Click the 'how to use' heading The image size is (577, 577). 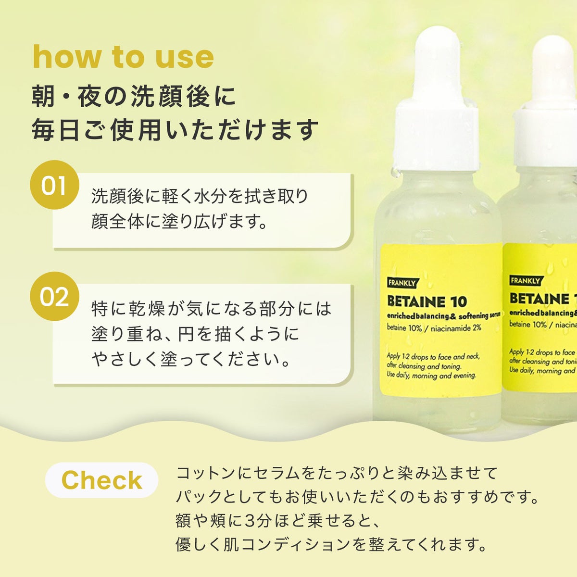point(124,58)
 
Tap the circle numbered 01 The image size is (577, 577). point(54,185)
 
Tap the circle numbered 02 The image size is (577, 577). point(54,296)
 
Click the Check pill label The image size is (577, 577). point(101,480)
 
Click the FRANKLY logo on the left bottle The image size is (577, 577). point(402,283)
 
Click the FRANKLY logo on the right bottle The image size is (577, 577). point(526,280)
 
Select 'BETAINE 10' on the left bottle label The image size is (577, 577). point(427,301)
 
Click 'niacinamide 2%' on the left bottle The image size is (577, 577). point(456,328)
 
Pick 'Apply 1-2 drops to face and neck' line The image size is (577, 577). point(433,356)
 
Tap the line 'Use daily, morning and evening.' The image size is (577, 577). point(431,375)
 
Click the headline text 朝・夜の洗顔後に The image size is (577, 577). point(134,97)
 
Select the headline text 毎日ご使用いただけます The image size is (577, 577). point(175,130)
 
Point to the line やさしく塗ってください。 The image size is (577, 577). point(191,359)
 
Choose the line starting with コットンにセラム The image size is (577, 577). point(337,473)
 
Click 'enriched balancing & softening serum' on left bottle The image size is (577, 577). point(443,315)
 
